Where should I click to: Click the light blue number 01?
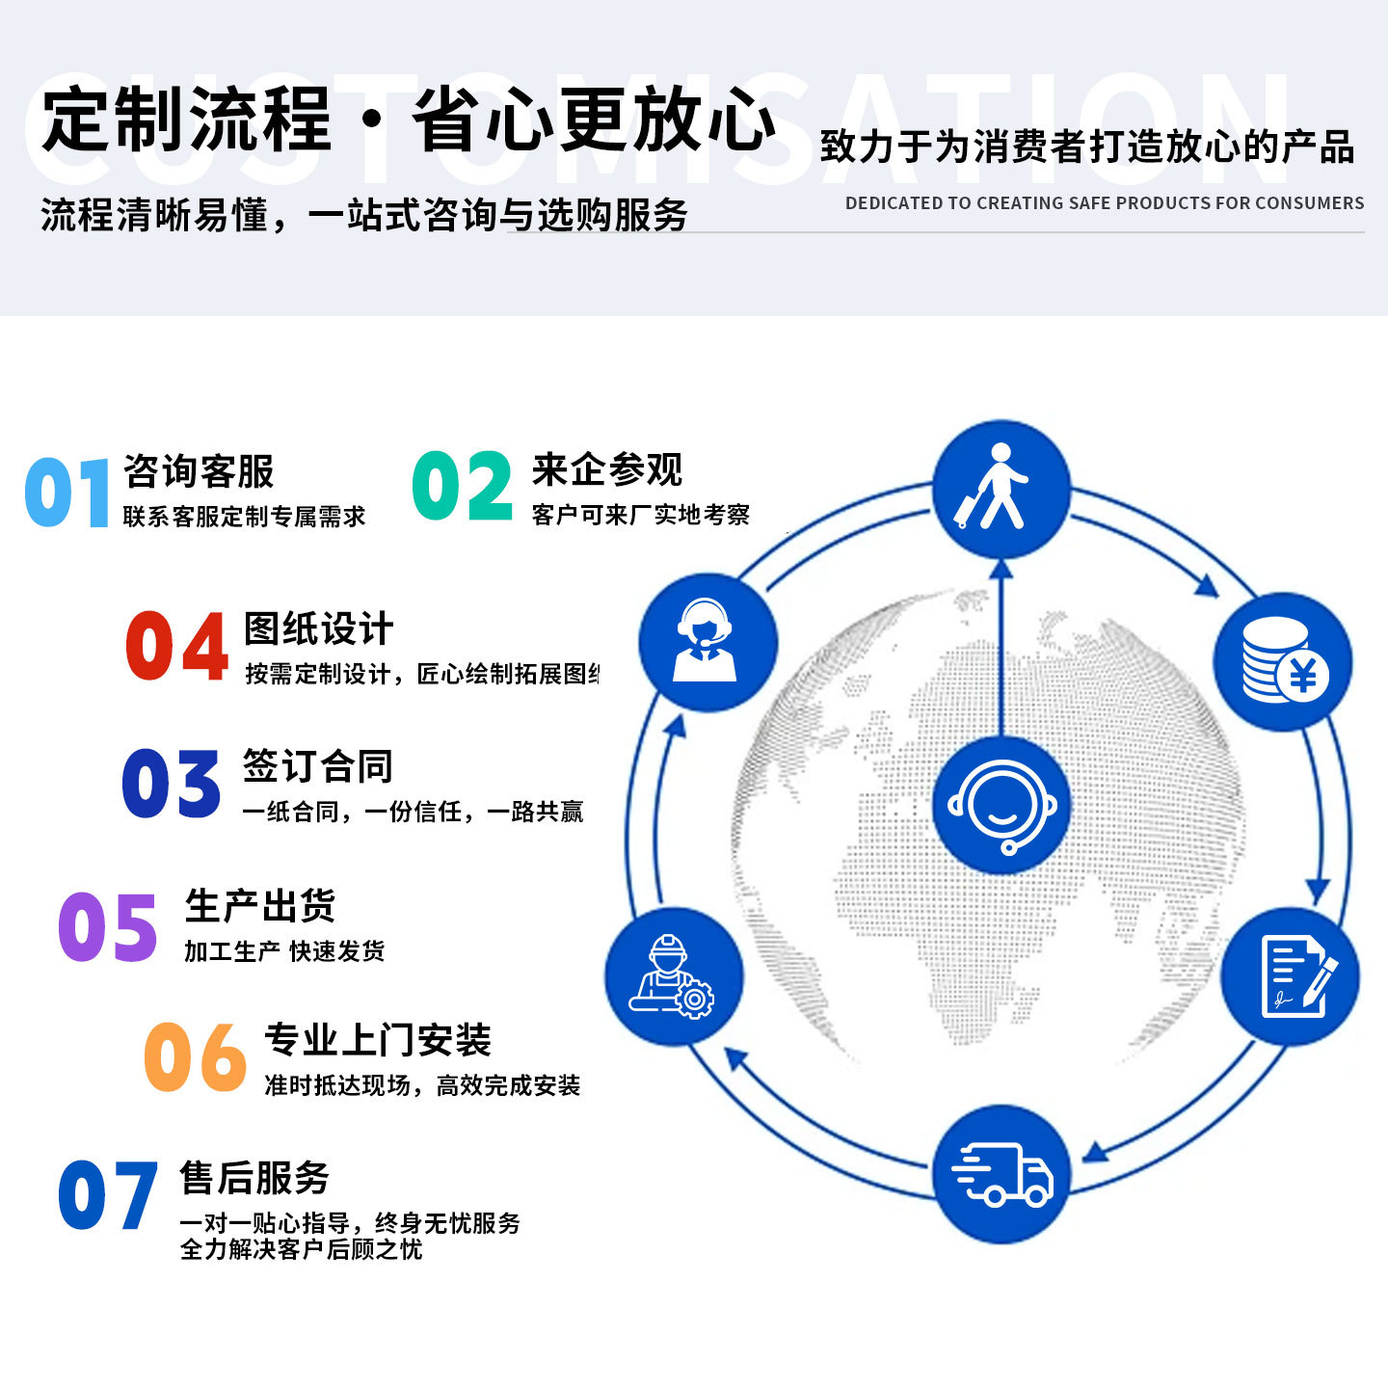[x=67, y=493]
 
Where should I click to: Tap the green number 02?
[x=462, y=487]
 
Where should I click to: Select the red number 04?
[x=176, y=647]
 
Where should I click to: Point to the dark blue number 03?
[x=172, y=784]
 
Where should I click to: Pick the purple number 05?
[x=107, y=926]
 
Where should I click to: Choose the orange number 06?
[x=195, y=1057]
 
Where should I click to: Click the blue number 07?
[x=107, y=1195]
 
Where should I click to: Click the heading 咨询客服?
[x=199, y=472]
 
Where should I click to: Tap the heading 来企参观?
[x=607, y=470]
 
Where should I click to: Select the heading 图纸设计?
[x=319, y=629]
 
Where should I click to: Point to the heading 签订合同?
[x=318, y=766]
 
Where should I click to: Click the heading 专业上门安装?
[x=378, y=1040]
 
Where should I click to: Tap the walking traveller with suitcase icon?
[x=1001, y=488]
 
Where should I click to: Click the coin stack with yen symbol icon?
[x=1283, y=661]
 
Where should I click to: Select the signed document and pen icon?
[x=1291, y=976]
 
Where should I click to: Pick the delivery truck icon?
[x=1001, y=1174]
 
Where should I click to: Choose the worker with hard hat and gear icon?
[x=674, y=976]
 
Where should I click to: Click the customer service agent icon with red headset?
[x=707, y=641]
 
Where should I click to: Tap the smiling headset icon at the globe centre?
[x=1001, y=806]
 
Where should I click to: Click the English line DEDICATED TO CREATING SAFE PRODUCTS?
[x=1104, y=203]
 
